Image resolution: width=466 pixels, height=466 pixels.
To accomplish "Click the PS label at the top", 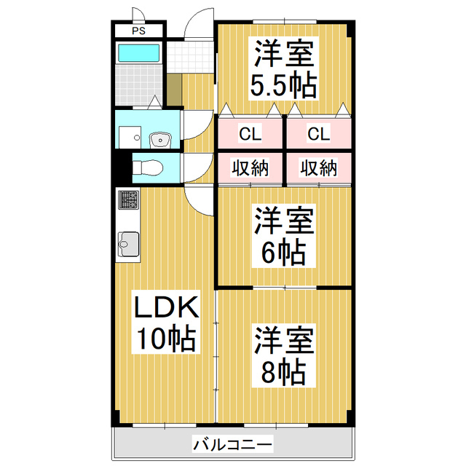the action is point(138,31).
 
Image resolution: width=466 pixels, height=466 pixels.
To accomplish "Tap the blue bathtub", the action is point(138,52).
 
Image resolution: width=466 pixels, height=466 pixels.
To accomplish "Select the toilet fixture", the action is point(149,167).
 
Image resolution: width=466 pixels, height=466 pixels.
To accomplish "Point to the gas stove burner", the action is point(128,199).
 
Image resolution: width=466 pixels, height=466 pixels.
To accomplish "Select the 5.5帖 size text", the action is point(284,85).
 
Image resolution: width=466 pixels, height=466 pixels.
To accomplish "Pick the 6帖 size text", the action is point(284,252).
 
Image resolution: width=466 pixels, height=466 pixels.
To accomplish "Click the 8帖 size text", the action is point(284,372).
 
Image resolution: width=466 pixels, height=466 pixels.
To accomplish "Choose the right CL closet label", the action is point(318,133).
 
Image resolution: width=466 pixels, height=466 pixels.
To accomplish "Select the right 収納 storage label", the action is point(318,168).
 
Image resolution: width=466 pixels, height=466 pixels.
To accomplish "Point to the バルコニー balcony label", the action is point(232,443).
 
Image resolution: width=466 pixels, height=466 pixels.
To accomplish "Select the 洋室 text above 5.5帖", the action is point(284,54).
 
